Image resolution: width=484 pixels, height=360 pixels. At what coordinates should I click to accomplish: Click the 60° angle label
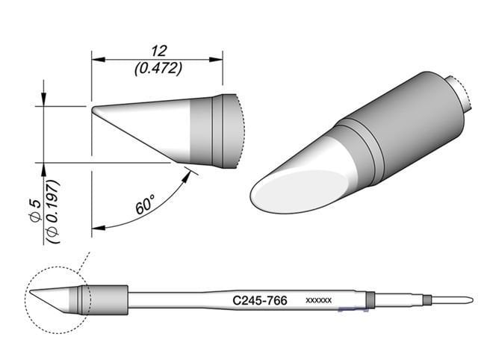click(146, 202)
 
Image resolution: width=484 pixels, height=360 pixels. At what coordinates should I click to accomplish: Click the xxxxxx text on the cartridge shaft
click(320, 300)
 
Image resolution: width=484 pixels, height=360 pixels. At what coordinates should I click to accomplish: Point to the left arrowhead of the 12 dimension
click(96, 57)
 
